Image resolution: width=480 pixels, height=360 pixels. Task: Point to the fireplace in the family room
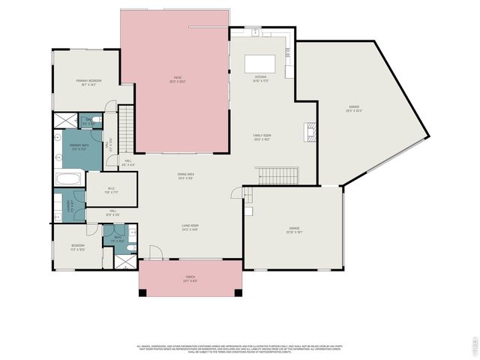tap(308, 132)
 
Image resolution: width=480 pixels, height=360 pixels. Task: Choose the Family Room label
tap(261, 137)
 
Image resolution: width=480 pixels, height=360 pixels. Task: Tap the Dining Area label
tap(186, 176)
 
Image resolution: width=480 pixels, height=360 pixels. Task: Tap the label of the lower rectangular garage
tap(294, 229)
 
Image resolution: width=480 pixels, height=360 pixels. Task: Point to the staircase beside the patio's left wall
tap(127, 127)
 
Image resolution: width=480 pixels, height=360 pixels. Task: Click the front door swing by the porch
tap(155, 253)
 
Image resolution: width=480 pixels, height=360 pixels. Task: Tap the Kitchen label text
tap(260, 78)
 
